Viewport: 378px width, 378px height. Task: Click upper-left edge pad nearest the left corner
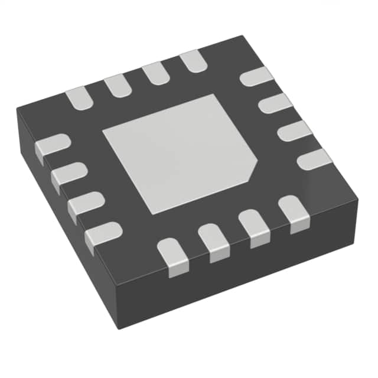click(79, 97)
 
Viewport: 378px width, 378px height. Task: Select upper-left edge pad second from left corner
click(117, 85)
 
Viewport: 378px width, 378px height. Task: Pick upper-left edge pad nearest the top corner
click(193, 61)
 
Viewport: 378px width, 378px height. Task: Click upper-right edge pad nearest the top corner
click(256, 77)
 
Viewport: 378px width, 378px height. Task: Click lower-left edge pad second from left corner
click(69, 175)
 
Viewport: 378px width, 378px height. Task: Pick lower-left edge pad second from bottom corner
click(85, 204)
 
